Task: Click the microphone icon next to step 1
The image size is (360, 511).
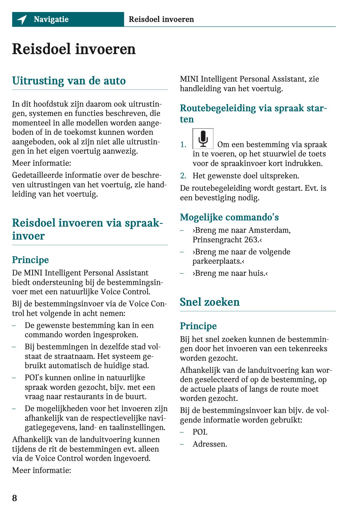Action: (x=203, y=138)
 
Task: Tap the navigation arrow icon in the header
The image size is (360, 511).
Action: (x=22, y=19)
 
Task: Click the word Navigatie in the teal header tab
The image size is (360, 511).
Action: (x=51, y=19)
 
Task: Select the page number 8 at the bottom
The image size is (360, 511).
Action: (x=15, y=498)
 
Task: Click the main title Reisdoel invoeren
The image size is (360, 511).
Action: (x=74, y=49)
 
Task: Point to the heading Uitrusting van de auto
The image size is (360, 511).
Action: (x=69, y=81)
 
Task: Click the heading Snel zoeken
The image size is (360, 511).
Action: (x=210, y=302)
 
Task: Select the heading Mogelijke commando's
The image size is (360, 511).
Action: (x=229, y=217)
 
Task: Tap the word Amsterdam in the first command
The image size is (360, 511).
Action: (x=269, y=230)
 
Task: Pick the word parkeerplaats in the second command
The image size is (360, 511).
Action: (x=217, y=261)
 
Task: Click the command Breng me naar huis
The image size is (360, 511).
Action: (x=230, y=273)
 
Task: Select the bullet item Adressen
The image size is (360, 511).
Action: (x=210, y=444)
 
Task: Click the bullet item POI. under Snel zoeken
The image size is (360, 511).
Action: (x=200, y=432)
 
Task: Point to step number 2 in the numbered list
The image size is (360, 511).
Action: (x=183, y=176)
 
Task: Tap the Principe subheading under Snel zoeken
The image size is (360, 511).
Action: (x=198, y=326)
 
